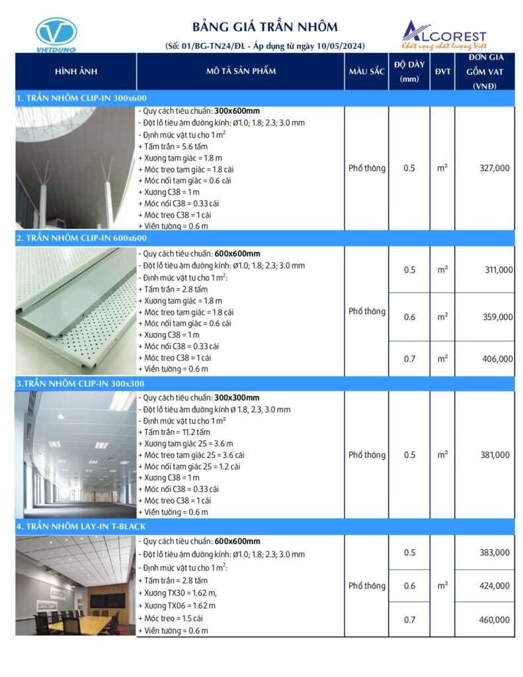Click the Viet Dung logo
(56, 34)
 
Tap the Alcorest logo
(444, 35)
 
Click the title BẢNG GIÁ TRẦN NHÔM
(264, 27)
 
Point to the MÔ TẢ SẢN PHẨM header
(241, 71)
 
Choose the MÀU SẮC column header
(366, 71)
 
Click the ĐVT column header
(442, 71)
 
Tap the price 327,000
(494, 169)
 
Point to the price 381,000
(494, 455)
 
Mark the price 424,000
(494, 585)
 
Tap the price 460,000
(494, 619)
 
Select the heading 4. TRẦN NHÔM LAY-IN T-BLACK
(81, 526)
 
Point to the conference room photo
(75, 585)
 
